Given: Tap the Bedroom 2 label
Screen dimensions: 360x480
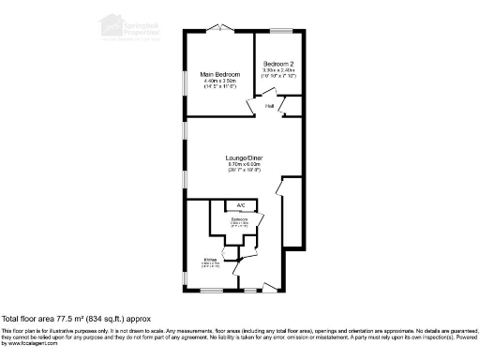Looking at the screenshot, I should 278,63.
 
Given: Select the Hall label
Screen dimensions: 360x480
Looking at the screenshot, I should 269,106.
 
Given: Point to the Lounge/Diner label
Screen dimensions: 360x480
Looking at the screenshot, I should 242,157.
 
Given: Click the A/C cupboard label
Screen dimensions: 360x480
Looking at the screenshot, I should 241,204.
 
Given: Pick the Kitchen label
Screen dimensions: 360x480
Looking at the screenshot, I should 211,260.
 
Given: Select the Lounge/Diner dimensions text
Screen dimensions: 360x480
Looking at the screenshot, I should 242,165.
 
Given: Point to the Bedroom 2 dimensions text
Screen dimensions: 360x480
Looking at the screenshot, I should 278,70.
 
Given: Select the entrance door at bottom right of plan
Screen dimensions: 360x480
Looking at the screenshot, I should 272,284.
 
